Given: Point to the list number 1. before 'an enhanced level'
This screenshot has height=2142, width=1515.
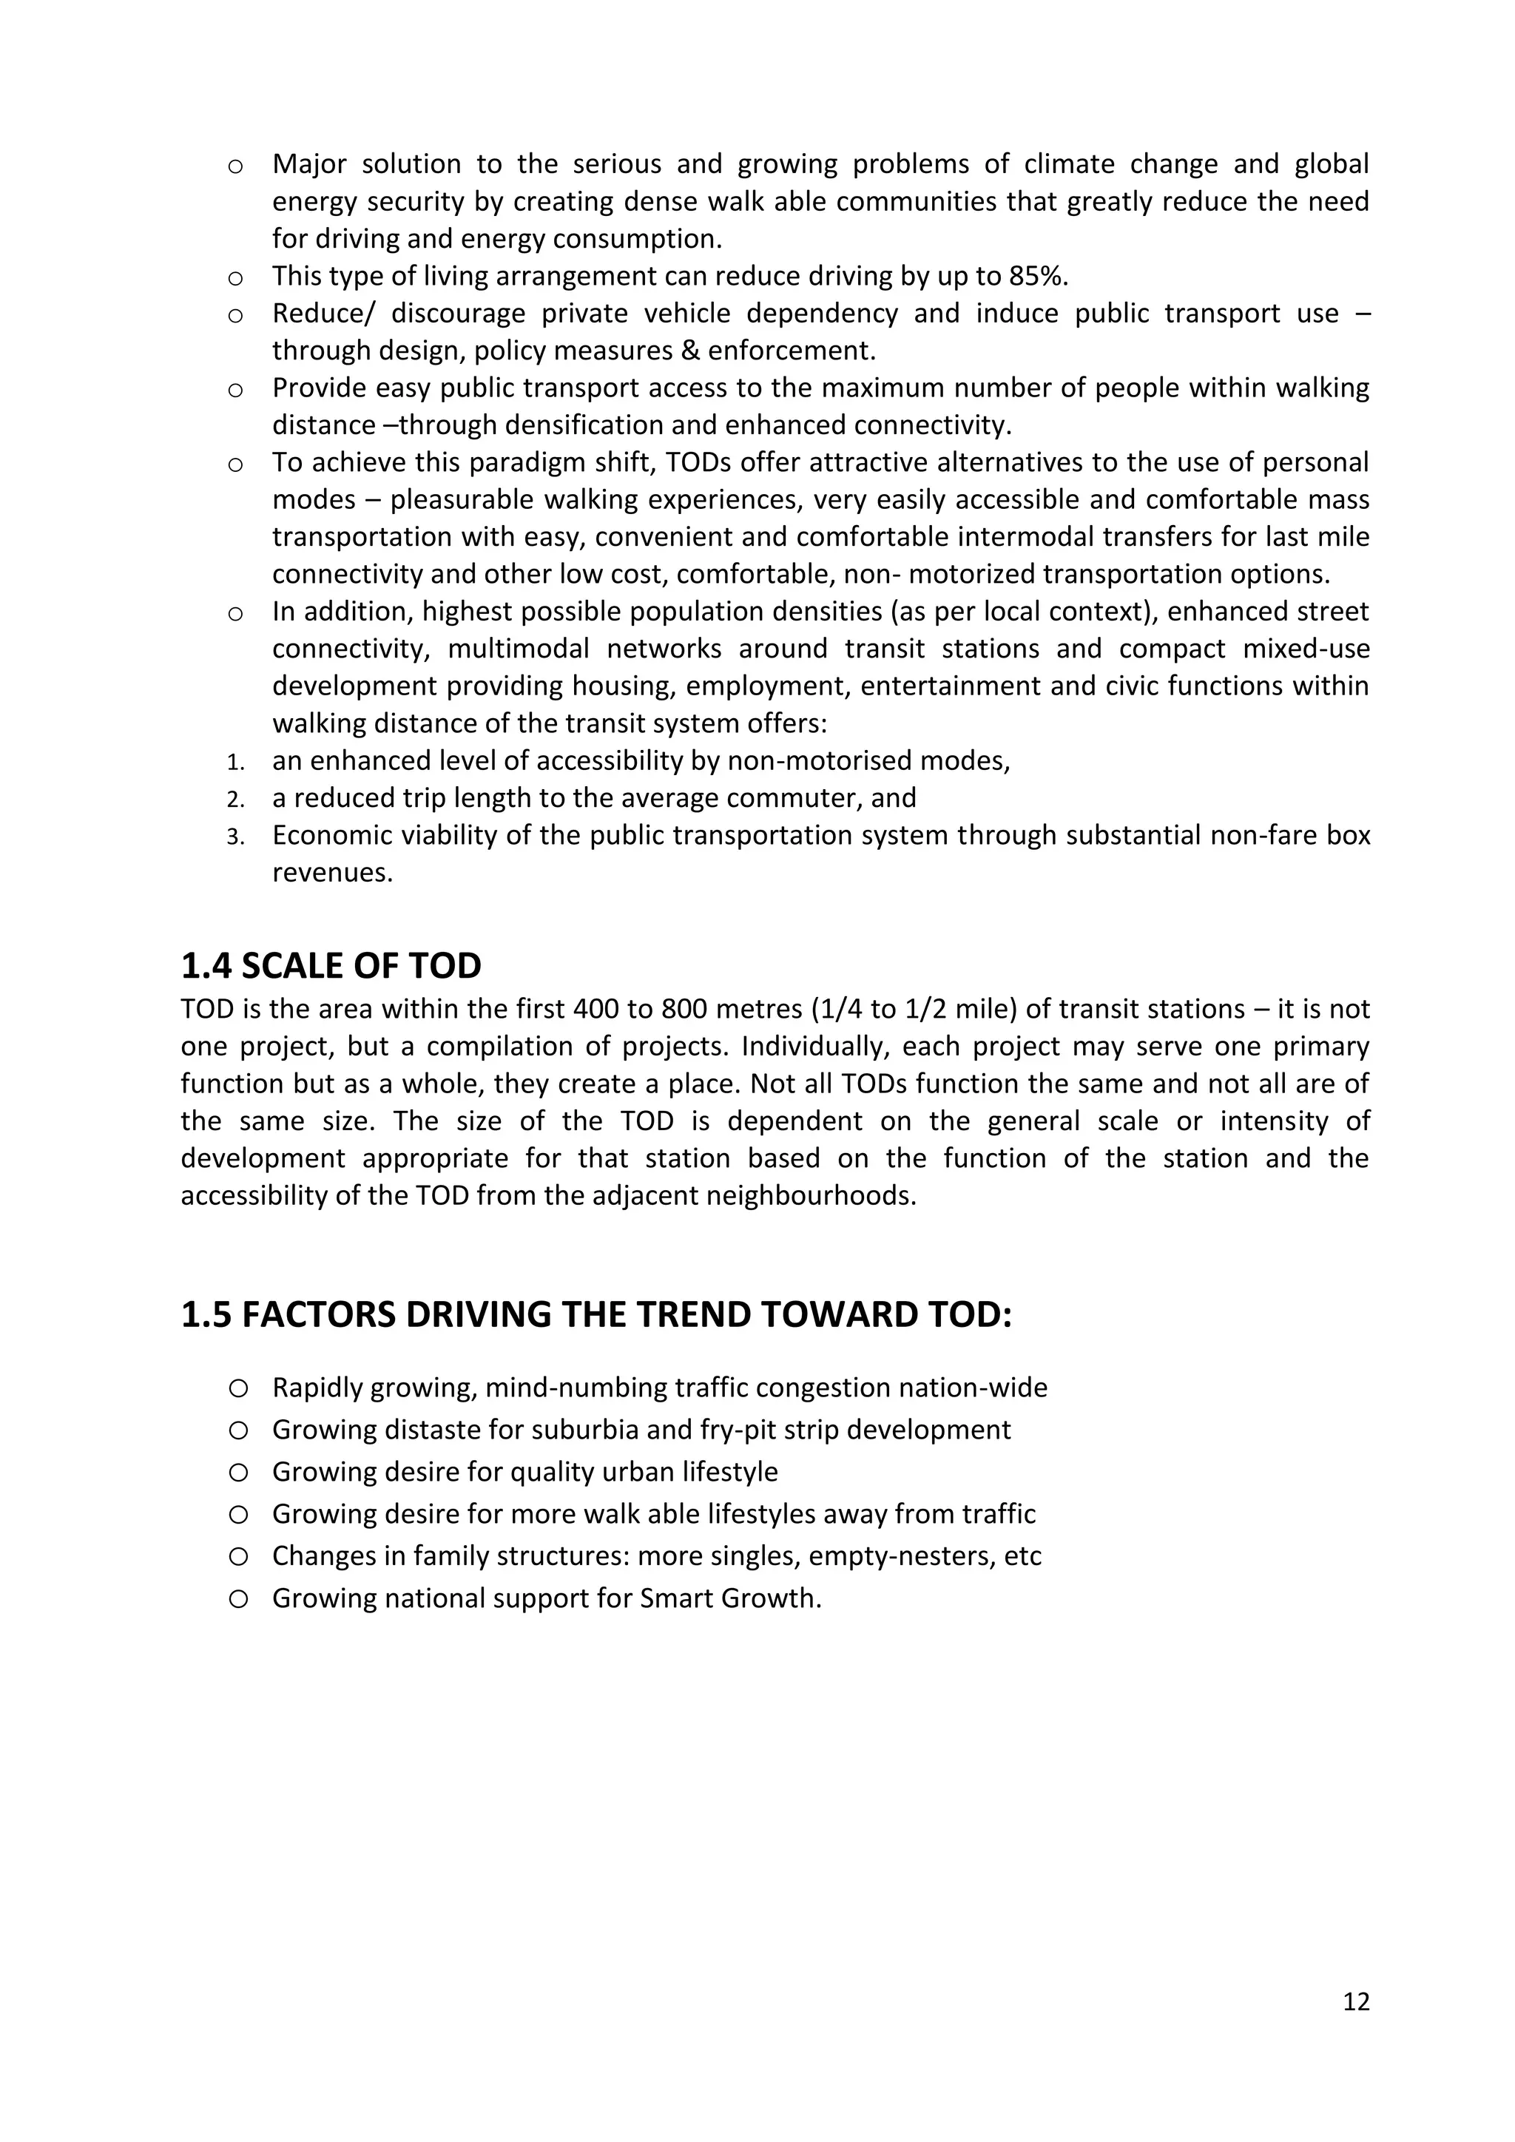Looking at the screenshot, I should point(235,763).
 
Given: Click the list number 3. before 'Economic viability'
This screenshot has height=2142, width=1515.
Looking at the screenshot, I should point(235,837).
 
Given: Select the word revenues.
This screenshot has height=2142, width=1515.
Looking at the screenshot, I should point(332,874).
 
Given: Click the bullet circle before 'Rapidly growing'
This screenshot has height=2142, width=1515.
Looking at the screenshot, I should point(238,1388).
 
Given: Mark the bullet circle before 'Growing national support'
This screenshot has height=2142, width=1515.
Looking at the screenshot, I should point(238,1599).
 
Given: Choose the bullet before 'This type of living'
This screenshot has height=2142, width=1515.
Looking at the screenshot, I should point(236,278).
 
